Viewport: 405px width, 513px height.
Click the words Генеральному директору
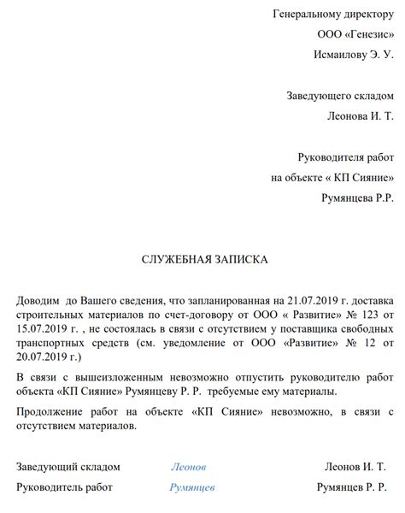334,14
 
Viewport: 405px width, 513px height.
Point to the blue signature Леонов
189,467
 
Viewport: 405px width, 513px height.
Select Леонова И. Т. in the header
361,115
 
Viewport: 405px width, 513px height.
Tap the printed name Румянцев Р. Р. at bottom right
351,487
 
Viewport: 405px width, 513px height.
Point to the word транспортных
52,343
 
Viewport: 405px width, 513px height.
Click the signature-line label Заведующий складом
68,467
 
